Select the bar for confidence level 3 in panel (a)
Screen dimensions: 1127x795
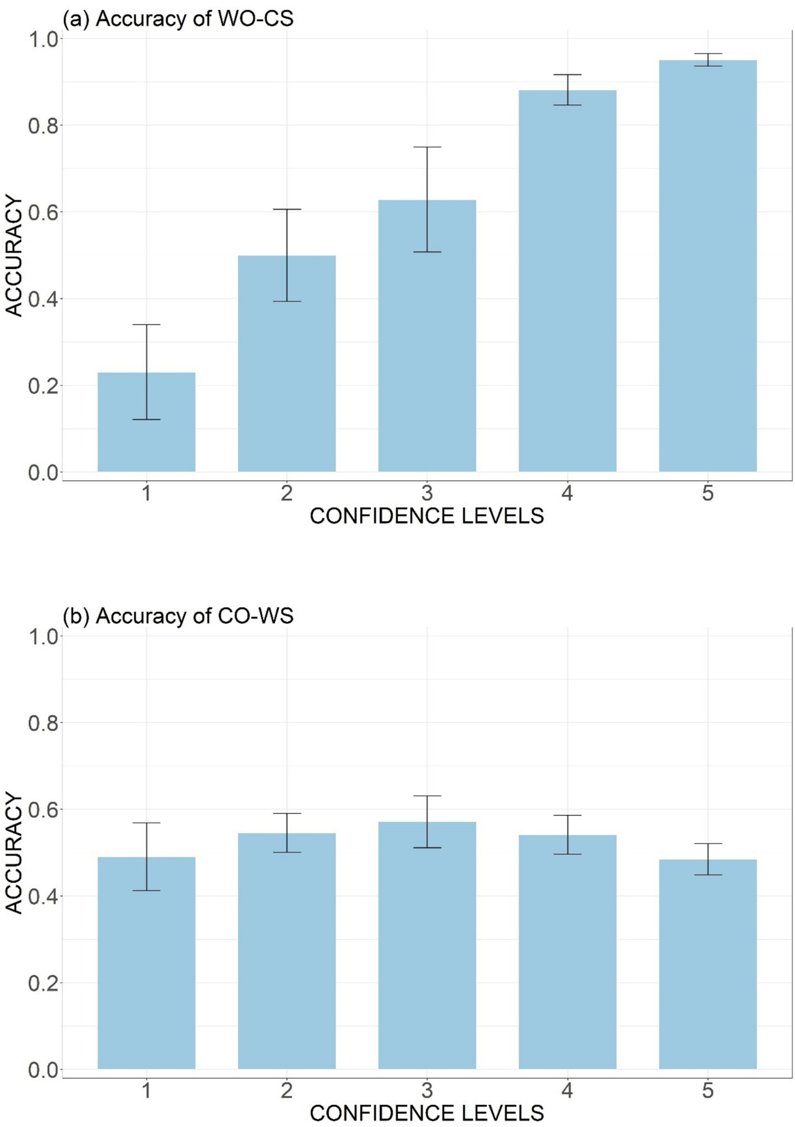pyautogui.click(x=427, y=337)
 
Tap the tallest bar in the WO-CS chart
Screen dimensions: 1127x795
pyautogui.click(x=708, y=269)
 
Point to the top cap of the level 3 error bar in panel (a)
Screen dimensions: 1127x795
pyautogui.click(x=427, y=147)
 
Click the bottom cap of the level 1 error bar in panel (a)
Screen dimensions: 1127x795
pyautogui.click(x=146, y=420)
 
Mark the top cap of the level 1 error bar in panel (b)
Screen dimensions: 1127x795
pyautogui.click(x=146, y=823)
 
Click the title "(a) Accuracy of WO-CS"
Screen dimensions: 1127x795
pyautogui.click(x=178, y=19)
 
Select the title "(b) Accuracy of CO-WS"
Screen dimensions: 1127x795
pyautogui.click(x=178, y=616)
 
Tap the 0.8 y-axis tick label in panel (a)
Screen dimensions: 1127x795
pyautogui.click(x=43, y=126)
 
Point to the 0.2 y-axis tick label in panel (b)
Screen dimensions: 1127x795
pyautogui.click(x=43, y=983)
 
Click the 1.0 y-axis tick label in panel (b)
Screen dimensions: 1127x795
pyautogui.click(x=43, y=636)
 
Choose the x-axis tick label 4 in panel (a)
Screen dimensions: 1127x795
pyautogui.click(x=567, y=494)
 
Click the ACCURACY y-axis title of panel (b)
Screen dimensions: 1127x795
pyautogui.click(x=13, y=853)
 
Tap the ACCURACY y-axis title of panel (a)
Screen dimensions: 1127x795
pyautogui.click(x=13, y=255)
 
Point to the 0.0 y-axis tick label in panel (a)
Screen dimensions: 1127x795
pyautogui.click(x=43, y=473)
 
